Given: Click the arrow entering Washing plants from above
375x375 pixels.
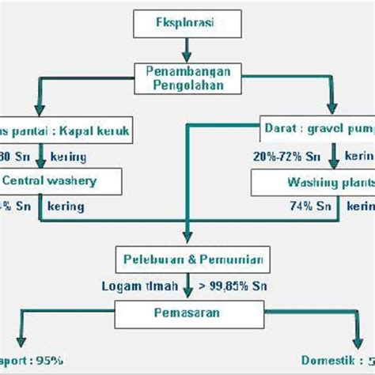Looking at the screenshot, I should [x=336, y=156].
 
